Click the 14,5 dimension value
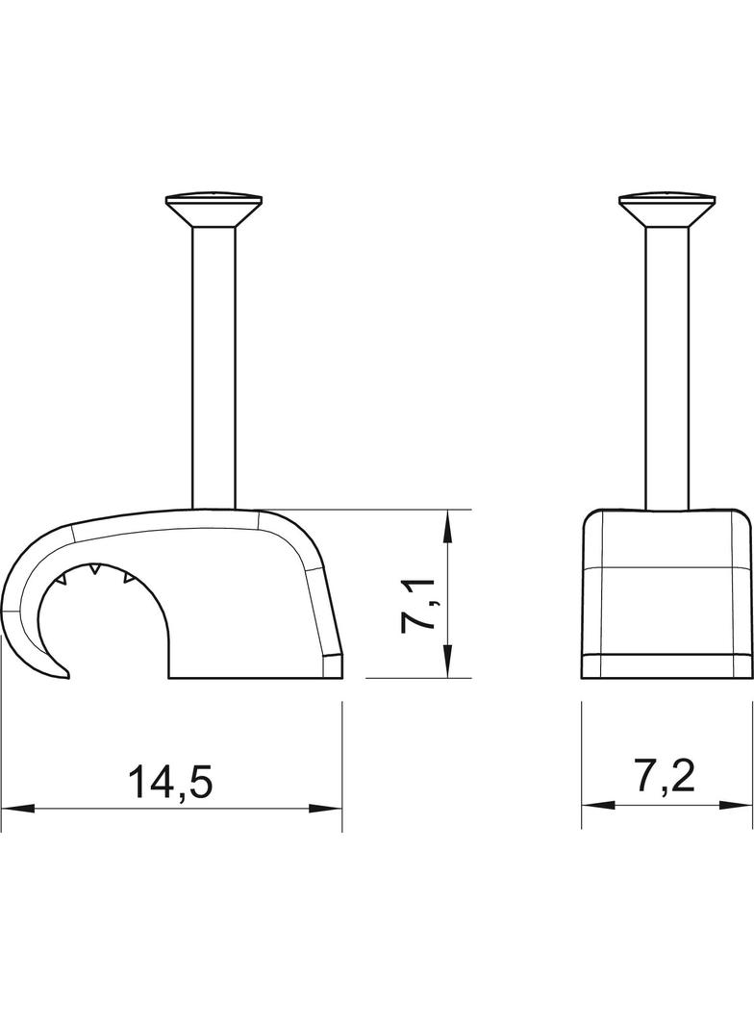(x=170, y=783)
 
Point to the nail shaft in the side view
(x=214, y=365)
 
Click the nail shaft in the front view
(x=667, y=365)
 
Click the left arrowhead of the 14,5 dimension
(x=17, y=808)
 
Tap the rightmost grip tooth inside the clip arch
(x=126, y=578)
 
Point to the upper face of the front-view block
(x=667, y=538)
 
